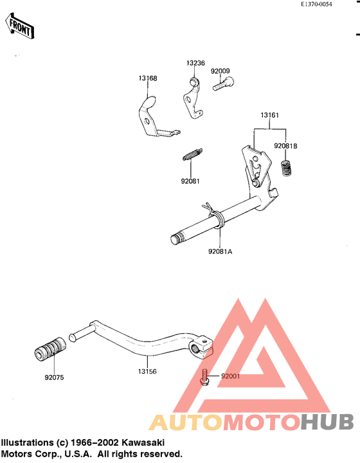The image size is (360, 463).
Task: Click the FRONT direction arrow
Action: click(x=19, y=26)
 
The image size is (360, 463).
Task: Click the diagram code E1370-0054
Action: click(x=316, y=5)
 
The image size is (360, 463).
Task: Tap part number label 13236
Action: click(x=195, y=63)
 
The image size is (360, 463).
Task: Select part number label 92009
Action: click(x=220, y=71)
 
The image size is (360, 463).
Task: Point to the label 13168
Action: click(x=148, y=78)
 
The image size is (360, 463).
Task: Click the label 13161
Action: click(x=269, y=115)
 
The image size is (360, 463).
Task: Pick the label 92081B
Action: click(x=285, y=146)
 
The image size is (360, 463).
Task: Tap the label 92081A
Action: click(x=220, y=251)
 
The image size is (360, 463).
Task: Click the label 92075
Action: click(x=54, y=377)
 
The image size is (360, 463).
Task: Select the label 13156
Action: click(x=147, y=372)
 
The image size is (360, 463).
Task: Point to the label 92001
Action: click(x=230, y=376)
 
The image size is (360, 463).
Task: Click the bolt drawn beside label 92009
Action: click(x=223, y=83)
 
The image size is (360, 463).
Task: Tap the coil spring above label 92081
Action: click(x=192, y=154)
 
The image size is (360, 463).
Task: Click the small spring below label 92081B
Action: click(x=285, y=168)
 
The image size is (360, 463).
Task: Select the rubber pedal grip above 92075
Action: click(x=50, y=349)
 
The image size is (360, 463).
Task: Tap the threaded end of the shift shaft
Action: click(x=176, y=238)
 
